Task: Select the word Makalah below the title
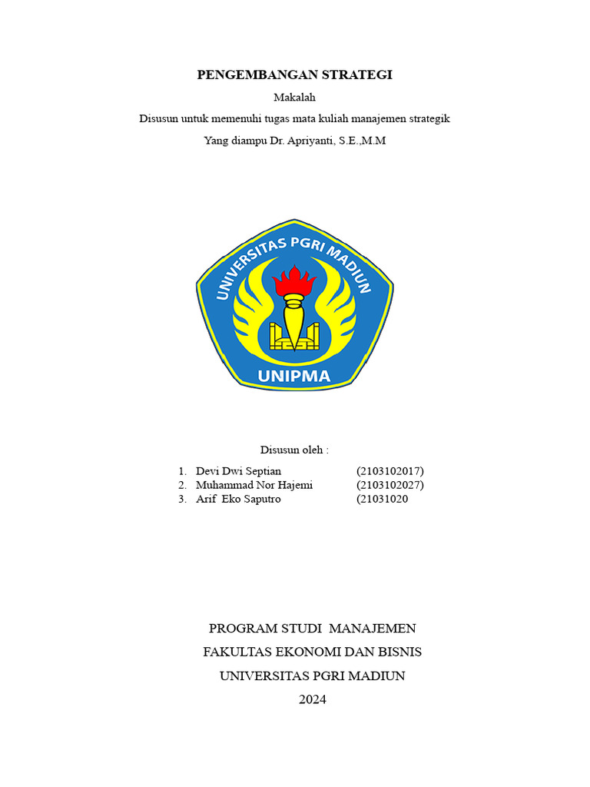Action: tap(295, 97)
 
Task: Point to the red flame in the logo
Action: tap(295, 281)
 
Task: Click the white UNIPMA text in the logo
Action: tap(294, 377)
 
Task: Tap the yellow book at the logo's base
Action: tap(294, 338)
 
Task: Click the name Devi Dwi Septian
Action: tap(239, 470)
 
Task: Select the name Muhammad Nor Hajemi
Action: tap(254, 485)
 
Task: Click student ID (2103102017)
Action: tap(390, 470)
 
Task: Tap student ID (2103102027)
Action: tap(390, 485)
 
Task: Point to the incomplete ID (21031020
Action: tap(383, 499)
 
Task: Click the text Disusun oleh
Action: tap(294, 450)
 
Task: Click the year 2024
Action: tap(313, 699)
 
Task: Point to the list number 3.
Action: tap(181, 499)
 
